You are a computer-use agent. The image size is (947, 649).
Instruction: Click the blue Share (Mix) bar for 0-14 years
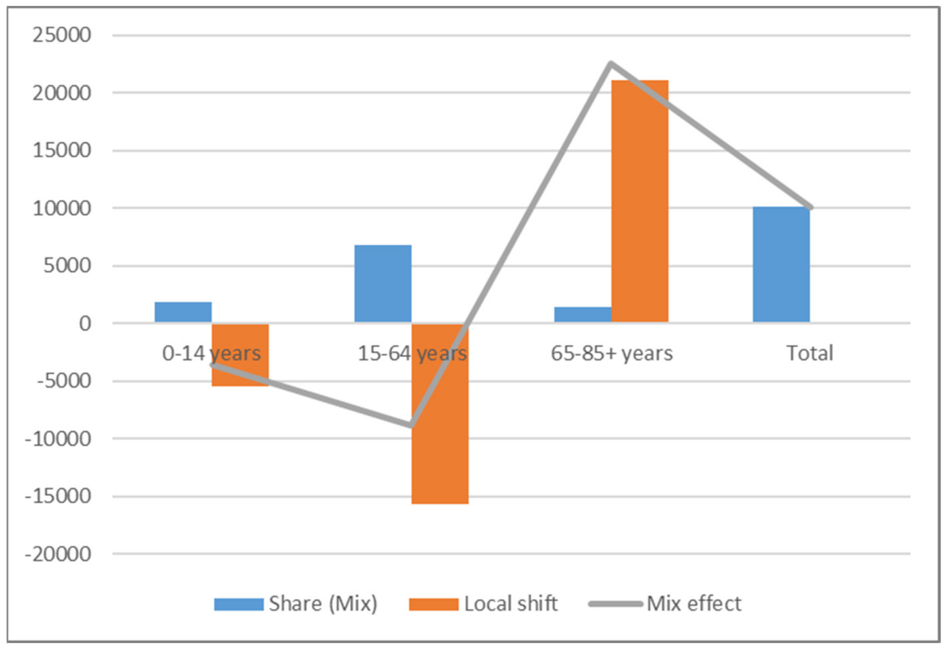pos(183,312)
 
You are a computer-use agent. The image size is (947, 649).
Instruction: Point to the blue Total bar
pos(781,265)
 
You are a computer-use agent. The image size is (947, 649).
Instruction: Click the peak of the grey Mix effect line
pos(610,64)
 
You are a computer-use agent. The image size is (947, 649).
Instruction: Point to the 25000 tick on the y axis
pos(62,35)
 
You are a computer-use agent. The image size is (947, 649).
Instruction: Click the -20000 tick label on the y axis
pos(58,555)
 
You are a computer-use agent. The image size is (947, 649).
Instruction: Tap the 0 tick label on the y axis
pos(85,324)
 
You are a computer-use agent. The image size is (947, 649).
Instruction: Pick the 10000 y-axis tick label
pos(62,209)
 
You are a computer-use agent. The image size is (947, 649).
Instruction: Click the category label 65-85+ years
pos(612,353)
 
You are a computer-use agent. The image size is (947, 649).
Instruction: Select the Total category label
pos(810,353)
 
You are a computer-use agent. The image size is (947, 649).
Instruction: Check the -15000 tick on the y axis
pos(58,497)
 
